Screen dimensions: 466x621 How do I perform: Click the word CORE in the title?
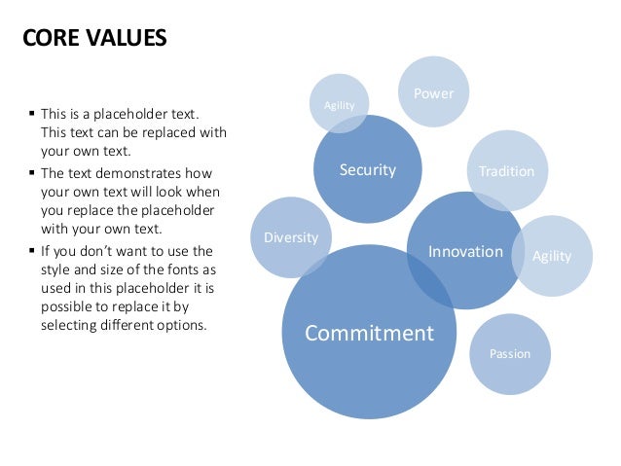51,39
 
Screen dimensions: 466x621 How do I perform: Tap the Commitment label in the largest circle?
369,333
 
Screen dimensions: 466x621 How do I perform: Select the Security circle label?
367,170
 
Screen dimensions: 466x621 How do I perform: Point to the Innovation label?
465,251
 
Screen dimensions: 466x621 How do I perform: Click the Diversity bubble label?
290,237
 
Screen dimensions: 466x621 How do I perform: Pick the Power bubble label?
433,93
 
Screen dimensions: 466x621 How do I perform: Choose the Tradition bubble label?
506,171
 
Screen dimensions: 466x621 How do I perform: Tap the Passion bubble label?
510,353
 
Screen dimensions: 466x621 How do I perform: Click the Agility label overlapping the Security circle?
339,105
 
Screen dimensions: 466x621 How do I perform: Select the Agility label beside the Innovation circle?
552,256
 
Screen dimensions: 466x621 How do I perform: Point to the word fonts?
195,268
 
